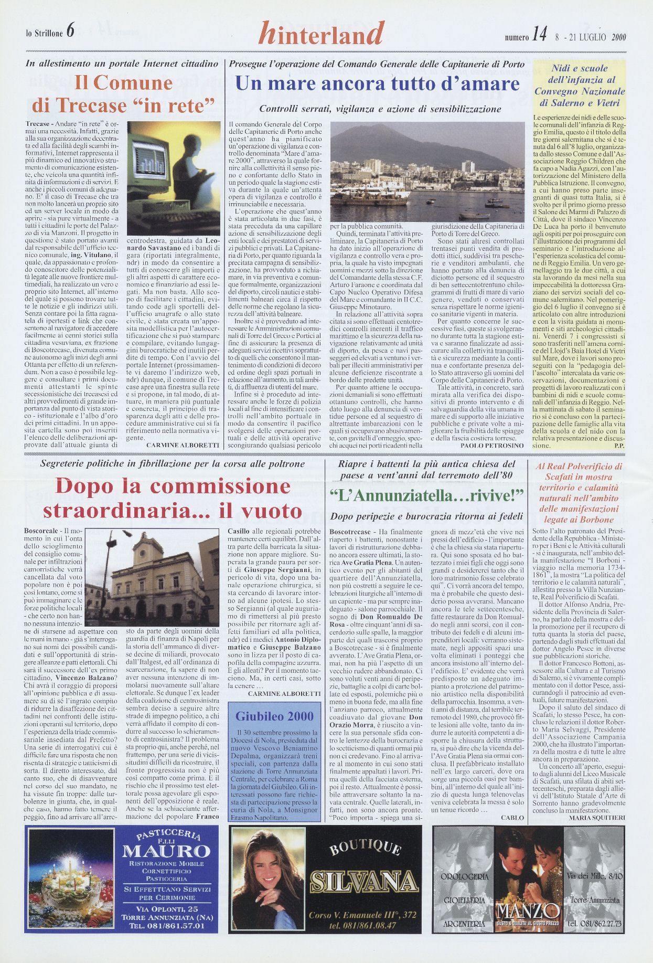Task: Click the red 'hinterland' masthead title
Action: [x=322, y=34]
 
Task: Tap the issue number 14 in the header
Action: [x=539, y=35]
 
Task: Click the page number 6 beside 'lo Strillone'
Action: [x=70, y=31]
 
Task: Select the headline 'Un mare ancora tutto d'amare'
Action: [x=377, y=84]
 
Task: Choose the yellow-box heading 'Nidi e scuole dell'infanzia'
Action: [x=579, y=86]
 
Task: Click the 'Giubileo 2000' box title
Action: [x=274, y=716]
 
